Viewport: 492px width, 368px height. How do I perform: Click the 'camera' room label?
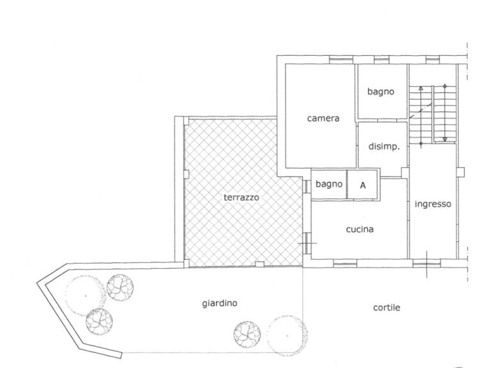pos(323,118)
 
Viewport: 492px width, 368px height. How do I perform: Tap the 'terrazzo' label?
pos(242,197)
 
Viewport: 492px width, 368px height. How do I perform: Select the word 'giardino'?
pos(220,303)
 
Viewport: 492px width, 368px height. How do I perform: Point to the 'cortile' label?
pos(386,307)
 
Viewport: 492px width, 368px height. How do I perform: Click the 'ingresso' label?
pos(433,204)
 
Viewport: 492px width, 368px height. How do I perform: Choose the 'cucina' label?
pos(360,229)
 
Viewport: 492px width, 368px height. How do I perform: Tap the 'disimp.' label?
pos(384,146)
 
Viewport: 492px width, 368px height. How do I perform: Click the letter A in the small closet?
pos(363,185)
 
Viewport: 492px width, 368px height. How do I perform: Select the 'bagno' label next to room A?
pos(329,184)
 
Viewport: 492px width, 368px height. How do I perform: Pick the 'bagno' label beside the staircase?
pos(381,92)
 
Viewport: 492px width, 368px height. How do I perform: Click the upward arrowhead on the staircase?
pos(421,88)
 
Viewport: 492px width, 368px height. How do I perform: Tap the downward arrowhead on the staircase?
pos(445,139)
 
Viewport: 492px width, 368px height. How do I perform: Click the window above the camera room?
pos(341,60)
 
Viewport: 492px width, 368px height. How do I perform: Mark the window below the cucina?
pos(345,263)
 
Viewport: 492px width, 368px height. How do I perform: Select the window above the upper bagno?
pos(382,60)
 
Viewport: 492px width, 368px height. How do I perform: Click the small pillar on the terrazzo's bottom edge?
pos(259,264)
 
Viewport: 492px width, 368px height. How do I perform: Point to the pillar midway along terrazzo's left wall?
pos(186,174)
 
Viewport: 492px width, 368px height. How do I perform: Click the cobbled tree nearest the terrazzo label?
pos(247,335)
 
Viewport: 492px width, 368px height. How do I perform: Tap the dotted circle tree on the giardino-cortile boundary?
pos(287,336)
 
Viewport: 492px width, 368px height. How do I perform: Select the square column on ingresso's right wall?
pos(461,172)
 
